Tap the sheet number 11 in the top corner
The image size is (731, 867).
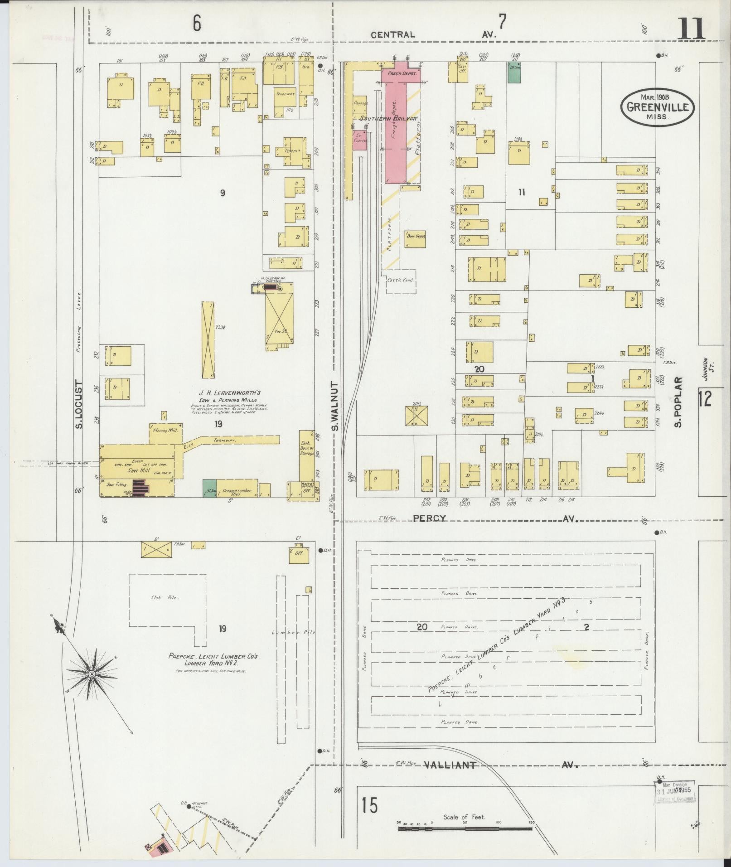(x=692, y=29)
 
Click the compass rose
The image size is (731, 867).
(x=91, y=674)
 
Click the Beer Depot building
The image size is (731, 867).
(x=415, y=238)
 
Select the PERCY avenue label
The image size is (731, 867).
(x=429, y=518)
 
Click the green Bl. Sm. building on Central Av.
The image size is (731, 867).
(x=514, y=73)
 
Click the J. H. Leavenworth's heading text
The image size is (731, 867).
(x=229, y=393)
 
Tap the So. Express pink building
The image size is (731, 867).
(x=360, y=138)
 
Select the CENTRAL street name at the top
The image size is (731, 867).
(x=392, y=35)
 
